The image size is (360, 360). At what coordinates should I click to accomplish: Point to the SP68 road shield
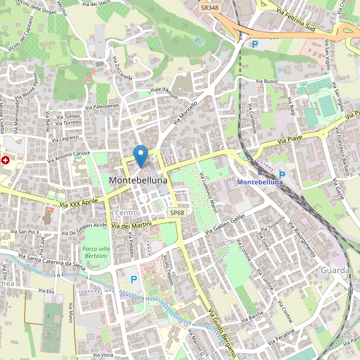pos(176,213)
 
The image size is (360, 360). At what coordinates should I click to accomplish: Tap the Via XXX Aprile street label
pos(79,204)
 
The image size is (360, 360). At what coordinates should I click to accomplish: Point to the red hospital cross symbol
pos(6,160)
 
